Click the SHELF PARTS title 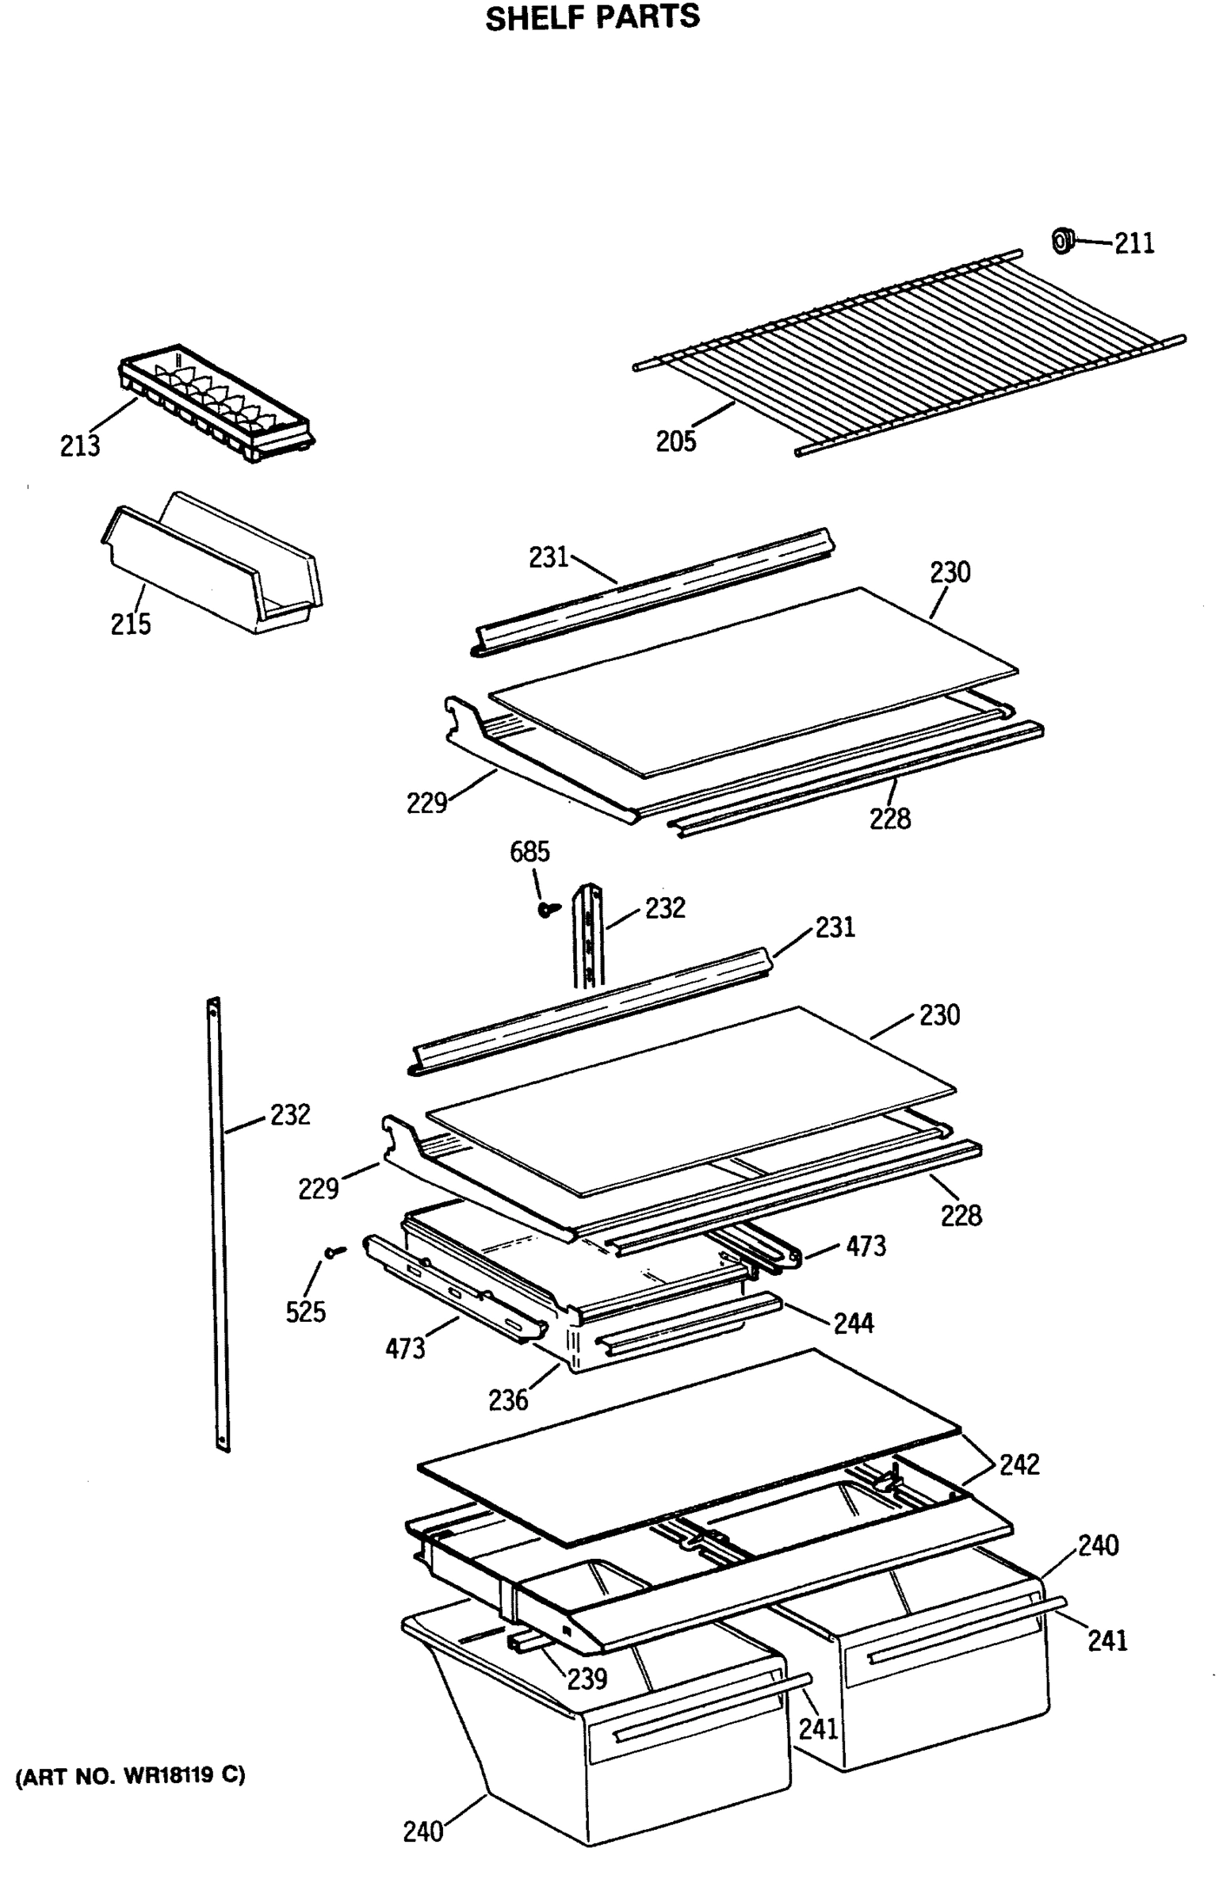click(592, 17)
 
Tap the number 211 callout click(1134, 244)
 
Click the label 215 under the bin click(130, 624)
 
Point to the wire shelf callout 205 click(675, 441)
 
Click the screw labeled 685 click(547, 909)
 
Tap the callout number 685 click(529, 852)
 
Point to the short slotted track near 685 click(589, 937)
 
